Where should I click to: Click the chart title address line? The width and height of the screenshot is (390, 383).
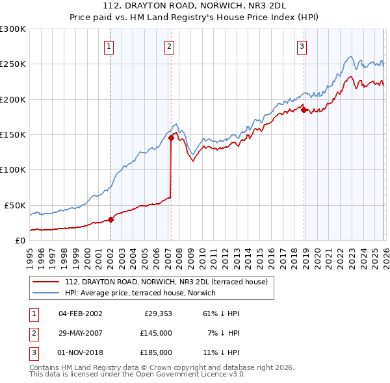194,8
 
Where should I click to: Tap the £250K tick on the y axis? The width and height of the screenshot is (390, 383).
13,64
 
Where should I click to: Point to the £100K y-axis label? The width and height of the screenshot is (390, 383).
13,169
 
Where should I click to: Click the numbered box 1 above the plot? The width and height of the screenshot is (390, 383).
109,46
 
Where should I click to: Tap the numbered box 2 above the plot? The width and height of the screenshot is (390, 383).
169,46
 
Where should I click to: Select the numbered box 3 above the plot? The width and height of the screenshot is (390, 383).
302,46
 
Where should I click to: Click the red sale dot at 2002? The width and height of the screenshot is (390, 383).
110,219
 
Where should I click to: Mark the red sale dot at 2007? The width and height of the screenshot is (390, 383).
171,138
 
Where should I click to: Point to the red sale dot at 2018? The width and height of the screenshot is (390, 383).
304,110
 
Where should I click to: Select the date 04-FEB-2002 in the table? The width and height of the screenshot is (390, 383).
80,314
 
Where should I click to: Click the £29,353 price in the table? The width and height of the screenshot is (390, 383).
157,314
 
